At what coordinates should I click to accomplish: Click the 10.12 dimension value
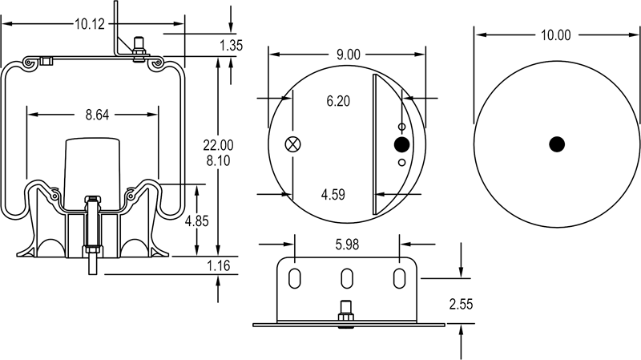point(90,24)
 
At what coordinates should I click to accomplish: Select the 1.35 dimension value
point(231,46)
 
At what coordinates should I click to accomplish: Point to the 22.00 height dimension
point(218,145)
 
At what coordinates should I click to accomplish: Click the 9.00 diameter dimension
point(347,55)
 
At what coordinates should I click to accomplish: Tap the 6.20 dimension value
point(339,102)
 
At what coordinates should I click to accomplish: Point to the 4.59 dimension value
point(333,194)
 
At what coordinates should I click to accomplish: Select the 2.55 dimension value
point(462,303)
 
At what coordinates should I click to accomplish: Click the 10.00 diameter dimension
point(556,34)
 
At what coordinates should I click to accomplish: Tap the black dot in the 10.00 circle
point(557,144)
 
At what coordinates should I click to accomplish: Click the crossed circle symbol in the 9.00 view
point(293,144)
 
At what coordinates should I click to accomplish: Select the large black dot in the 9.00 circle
point(401,144)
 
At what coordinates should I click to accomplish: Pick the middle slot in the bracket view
point(347,277)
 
